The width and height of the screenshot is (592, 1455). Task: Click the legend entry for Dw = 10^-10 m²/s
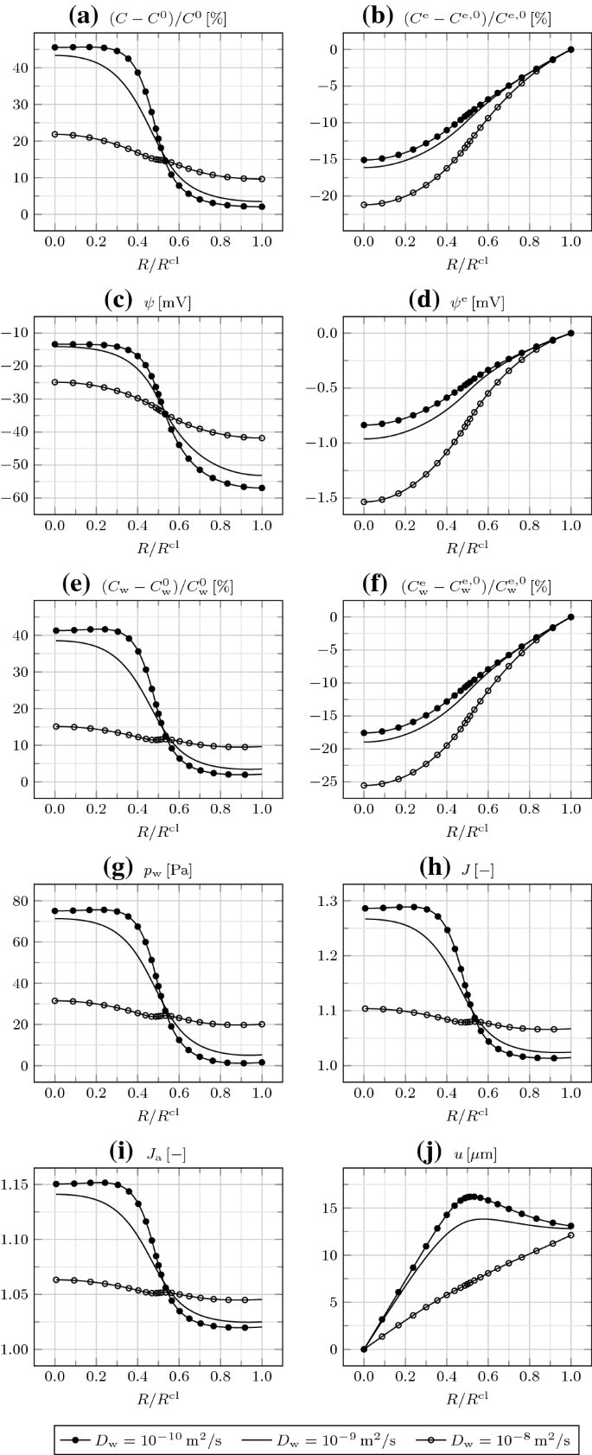pyautogui.click(x=143, y=1439)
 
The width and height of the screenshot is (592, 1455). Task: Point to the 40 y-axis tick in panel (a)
pyautogui.click(x=20, y=67)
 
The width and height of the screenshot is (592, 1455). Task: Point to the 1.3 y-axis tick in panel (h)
pyautogui.click(x=329, y=901)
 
